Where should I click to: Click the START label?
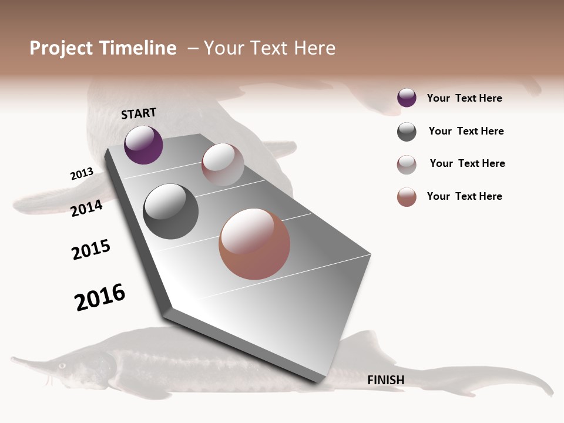tap(139, 113)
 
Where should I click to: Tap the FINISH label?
tap(386, 380)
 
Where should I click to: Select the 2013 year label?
tap(82, 174)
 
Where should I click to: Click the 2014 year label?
tap(86, 208)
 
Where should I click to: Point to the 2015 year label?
tap(91, 250)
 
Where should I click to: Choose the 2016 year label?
tap(100, 297)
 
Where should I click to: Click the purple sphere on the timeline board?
tap(143, 145)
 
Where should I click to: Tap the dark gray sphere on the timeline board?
tap(170, 211)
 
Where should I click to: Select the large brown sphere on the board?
tap(254, 244)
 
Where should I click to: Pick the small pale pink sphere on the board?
tap(223, 164)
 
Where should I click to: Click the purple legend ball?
tap(407, 98)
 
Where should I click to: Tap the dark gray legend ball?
tap(407, 132)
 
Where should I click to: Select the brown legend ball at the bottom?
tap(407, 197)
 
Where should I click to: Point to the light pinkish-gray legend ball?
tap(407, 164)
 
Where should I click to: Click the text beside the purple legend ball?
tap(464, 99)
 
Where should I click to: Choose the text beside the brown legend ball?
tap(464, 196)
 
